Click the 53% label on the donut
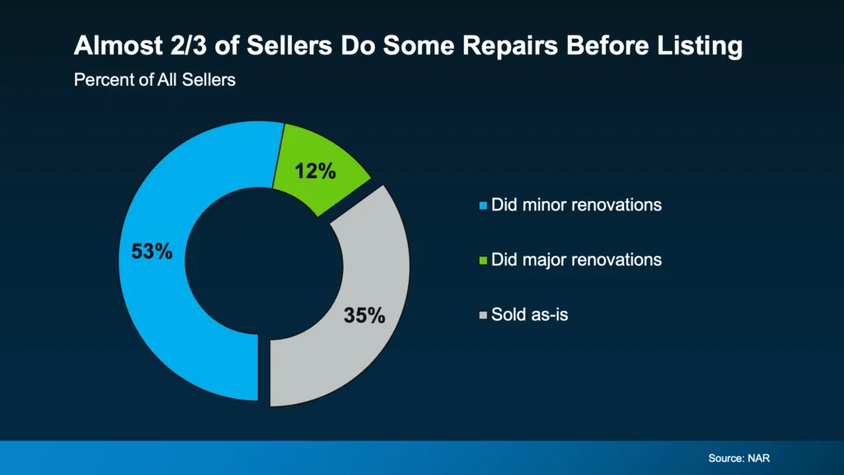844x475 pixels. (x=152, y=252)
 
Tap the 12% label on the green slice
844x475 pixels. (x=316, y=171)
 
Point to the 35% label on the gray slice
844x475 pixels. (x=364, y=315)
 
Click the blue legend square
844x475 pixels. (x=484, y=205)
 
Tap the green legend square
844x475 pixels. (x=484, y=261)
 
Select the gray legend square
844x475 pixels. (x=484, y=315)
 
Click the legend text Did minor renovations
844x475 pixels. (x=576, y=205)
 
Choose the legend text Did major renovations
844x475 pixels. (x=576, y=260)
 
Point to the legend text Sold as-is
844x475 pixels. (x=529, y=314)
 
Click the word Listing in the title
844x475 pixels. (x=703, y=46)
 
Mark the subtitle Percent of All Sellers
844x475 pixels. (x=155, y=81)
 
